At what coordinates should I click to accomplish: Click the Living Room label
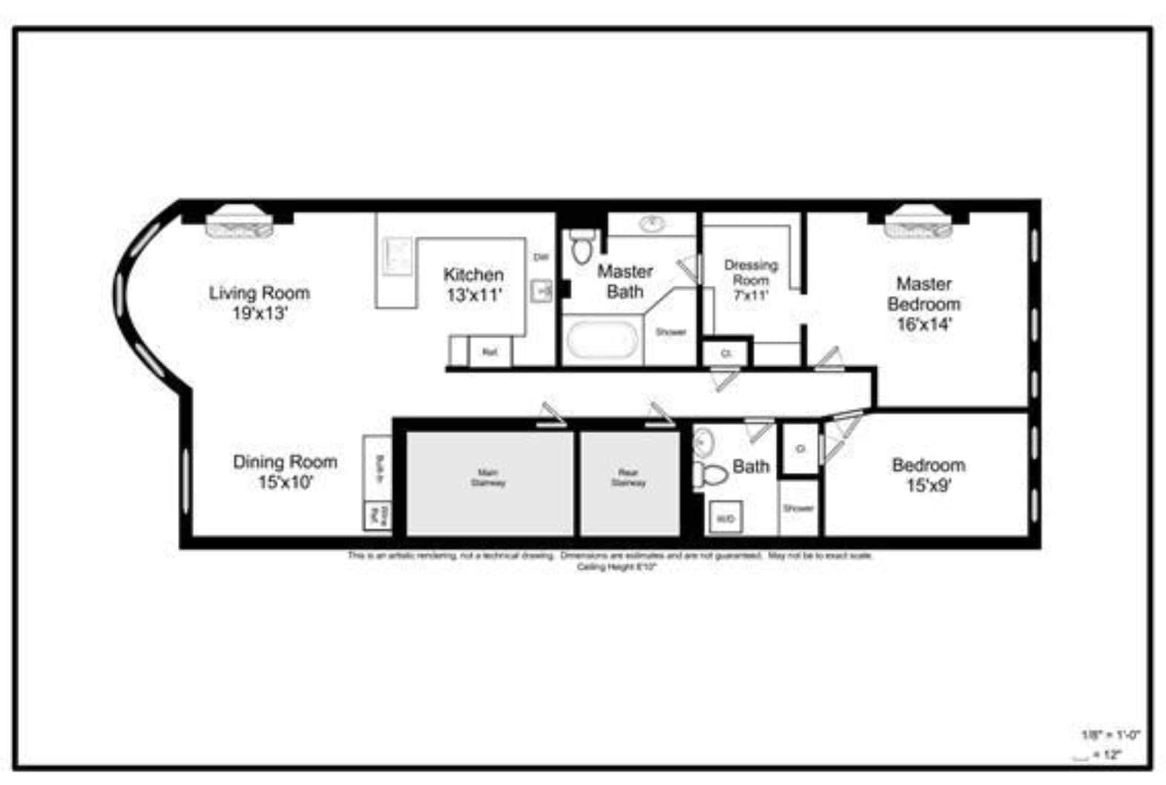point(259,293)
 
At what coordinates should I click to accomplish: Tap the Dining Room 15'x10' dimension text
point(286,482)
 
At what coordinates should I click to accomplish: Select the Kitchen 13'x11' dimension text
point(474,295)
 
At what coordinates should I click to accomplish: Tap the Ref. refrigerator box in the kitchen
point(490,352)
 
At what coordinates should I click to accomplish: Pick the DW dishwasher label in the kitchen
point(541,257)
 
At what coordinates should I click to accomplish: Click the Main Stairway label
point(488,477)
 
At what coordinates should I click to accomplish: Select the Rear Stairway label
point(628,477)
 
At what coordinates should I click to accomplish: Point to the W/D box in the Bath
point(725,518)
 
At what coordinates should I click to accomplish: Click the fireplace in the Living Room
point(239,223)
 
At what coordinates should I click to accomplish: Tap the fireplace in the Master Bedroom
point(918,223)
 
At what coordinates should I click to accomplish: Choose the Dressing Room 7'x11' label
point(751,280)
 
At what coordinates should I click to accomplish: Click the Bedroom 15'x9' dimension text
point(929,485)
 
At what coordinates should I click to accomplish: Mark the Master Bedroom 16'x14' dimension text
point(923,324)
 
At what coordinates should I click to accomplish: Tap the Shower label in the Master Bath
point(671,332)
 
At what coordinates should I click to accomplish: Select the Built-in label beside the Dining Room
point(379,469)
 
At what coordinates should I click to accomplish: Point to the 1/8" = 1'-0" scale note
point(1110,735)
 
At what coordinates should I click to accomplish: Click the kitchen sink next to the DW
point(542,291)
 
